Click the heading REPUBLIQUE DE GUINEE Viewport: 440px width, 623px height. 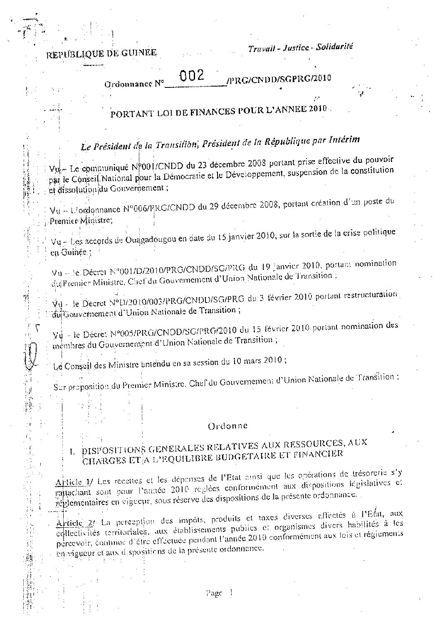[101, 53]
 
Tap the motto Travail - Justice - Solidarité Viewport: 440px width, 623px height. [300, 48]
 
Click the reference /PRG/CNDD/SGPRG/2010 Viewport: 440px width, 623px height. [279, 79]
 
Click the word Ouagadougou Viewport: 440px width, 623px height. [153, 241]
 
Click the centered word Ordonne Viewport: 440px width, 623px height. [227, 426]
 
